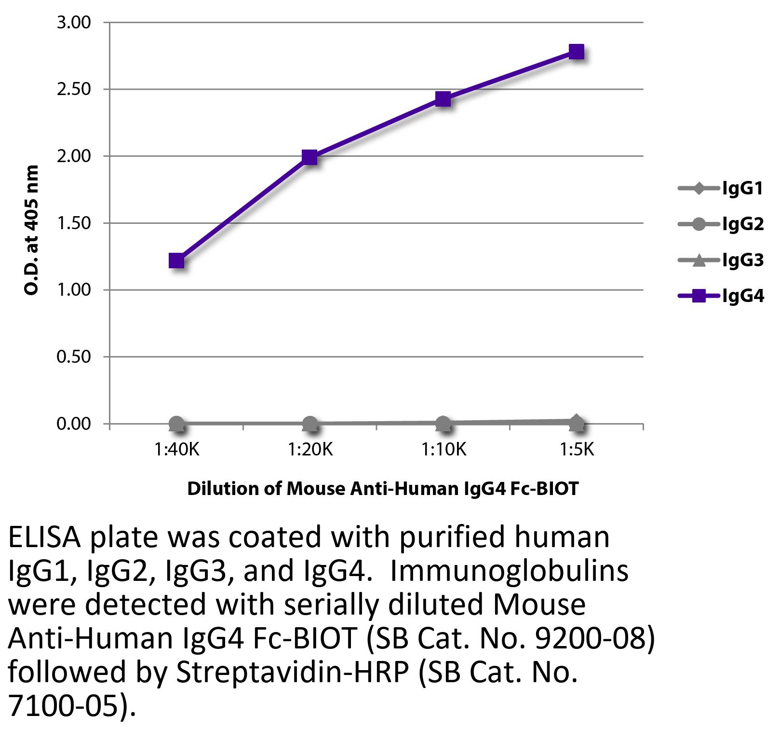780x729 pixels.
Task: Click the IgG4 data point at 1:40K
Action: coord(176,261)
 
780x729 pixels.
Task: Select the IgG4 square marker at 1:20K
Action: coord(309,157)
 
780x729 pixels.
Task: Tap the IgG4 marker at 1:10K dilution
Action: coord(443,99)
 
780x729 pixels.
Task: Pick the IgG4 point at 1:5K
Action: coord(577,52)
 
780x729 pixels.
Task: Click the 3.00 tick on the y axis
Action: coord(74,23)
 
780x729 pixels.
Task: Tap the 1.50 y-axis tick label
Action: coord(74,223)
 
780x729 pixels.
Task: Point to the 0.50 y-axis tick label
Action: coord(74,357)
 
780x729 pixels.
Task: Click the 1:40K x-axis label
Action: coord(176,450)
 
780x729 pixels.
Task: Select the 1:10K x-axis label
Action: coord(444,450)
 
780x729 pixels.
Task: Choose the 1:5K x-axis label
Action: coord(577,450)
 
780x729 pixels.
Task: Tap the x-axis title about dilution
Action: coord(382,489)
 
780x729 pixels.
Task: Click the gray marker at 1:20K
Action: coord(310,425)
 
